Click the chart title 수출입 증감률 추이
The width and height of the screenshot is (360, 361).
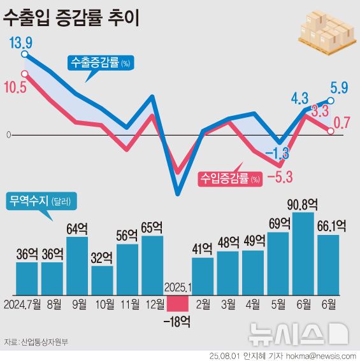(x=71, y=17)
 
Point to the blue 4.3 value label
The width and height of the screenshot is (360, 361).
(x=300, y=98)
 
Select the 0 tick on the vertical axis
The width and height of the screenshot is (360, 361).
(x=8, y=135)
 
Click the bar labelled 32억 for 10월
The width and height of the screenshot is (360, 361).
(x=102, y=278)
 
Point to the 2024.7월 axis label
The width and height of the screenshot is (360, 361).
(x=22, y=303)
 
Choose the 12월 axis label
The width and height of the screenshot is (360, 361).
(x=152, y=303)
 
